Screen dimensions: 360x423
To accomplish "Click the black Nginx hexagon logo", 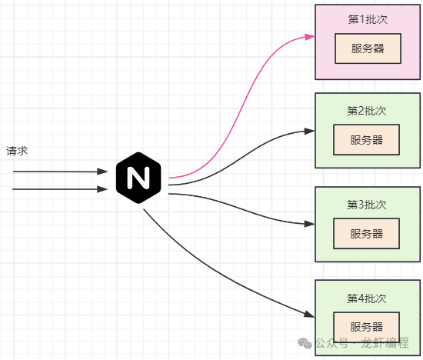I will [x=139, y=179].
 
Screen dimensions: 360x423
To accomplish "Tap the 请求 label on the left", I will [x=17, y=151].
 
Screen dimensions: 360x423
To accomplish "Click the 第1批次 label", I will [x=366, y=18].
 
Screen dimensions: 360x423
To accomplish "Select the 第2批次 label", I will [x=366, y=111].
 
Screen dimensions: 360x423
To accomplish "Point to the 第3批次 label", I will [x=366, y=205].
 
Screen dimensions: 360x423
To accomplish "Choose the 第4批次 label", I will [x=366, y=298].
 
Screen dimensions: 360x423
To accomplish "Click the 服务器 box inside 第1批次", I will [x=366, y=48].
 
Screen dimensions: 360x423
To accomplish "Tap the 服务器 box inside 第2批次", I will [x=366, y=140].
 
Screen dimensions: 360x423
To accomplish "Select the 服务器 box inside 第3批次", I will [x=366, y=233].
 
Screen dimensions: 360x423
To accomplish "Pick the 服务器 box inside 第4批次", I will [x=366, y=326].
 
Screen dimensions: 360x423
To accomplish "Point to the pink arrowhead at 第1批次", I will [x=310, y=36].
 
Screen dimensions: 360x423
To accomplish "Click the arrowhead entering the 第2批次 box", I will [x=310, y=130].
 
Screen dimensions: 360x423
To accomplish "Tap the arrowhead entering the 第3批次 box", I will [x=310, y=224].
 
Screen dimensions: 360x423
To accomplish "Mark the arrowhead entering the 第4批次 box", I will [x=310, y=315].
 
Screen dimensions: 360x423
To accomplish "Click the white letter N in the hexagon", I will [x=139, y=179].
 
